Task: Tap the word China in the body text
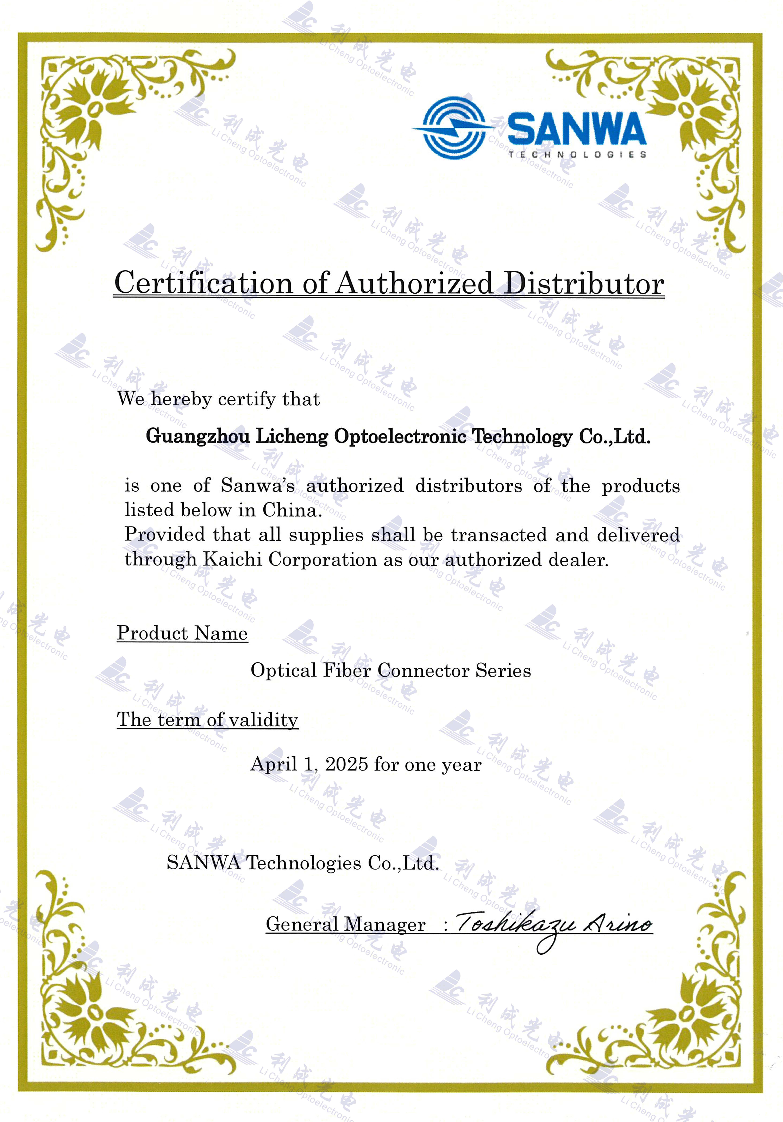(x=292, y=510)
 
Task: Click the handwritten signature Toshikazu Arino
(x=553, y=924)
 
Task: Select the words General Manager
(x=345, y=924)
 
